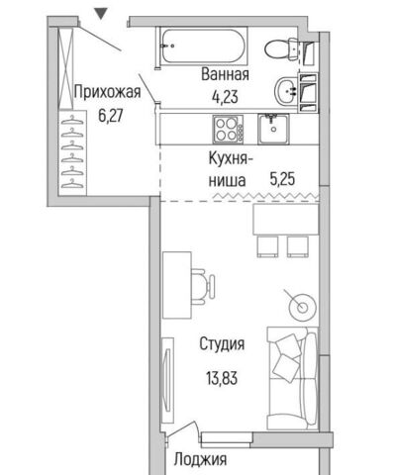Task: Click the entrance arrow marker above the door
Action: click(x=100, y=14)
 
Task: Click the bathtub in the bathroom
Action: click(x=204, y=47)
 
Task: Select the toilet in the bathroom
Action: click(x=282, y=49)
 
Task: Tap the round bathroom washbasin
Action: click(x=286, y=91)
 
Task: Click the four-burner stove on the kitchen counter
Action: click(x=228, y=129)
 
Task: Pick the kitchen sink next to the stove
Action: click(x=273, y=129)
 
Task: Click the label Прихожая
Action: click(x=107, y=92)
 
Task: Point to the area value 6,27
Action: click(x=110, y=116)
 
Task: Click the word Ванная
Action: click(x=225, y=74)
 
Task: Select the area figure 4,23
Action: click(x=225, y=97)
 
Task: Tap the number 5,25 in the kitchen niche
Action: click(x=282, y=180)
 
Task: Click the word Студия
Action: click(x=222, y=344)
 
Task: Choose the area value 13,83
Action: click(x=222, y=378)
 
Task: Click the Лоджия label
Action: click(x=200, y=459)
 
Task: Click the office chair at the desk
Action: click(x=203, y=286)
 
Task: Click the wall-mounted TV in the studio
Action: click(x=168, y=380)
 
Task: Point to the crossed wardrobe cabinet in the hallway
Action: click(x=65, y=68)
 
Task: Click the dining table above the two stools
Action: click(x=286, y=220)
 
